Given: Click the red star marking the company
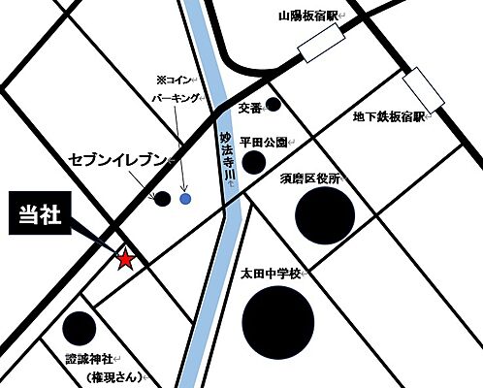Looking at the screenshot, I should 125,260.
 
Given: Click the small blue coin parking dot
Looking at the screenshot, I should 185,199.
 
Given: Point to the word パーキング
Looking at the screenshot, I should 177,99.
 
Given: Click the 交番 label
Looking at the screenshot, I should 248,109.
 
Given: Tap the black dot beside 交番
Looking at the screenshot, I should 274,104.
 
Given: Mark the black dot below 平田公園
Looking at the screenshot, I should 253,162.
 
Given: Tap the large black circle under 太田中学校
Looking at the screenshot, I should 277,324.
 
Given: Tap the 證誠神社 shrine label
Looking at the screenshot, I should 91,357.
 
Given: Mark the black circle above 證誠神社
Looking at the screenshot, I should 77,327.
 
